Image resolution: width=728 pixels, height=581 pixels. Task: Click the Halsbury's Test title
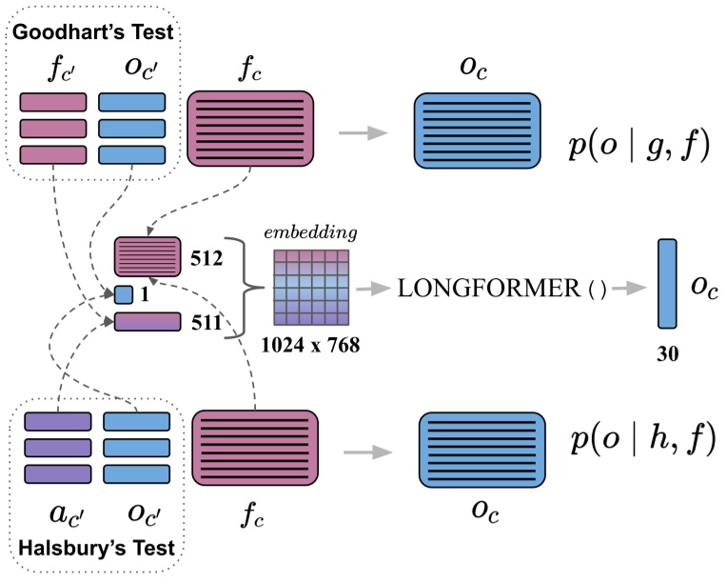click(x=97, y=548)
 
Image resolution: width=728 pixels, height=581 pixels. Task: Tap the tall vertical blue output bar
click(x=666, y=286)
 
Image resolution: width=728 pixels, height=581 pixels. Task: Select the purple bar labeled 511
click(x=148, y=323)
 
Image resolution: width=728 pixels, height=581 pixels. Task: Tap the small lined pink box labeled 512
click(x=148, y=257)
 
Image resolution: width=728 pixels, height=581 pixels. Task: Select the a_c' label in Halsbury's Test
click(x=57, y=515)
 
